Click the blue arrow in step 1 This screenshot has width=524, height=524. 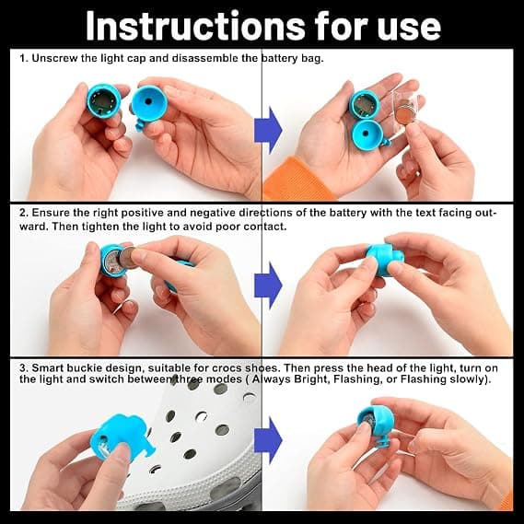point(268,130)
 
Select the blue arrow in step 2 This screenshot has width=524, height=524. point(268,285)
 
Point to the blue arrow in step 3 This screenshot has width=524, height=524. point(268,440)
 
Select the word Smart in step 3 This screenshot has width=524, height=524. point(48,368)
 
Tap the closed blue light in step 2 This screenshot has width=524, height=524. point(384,260)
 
